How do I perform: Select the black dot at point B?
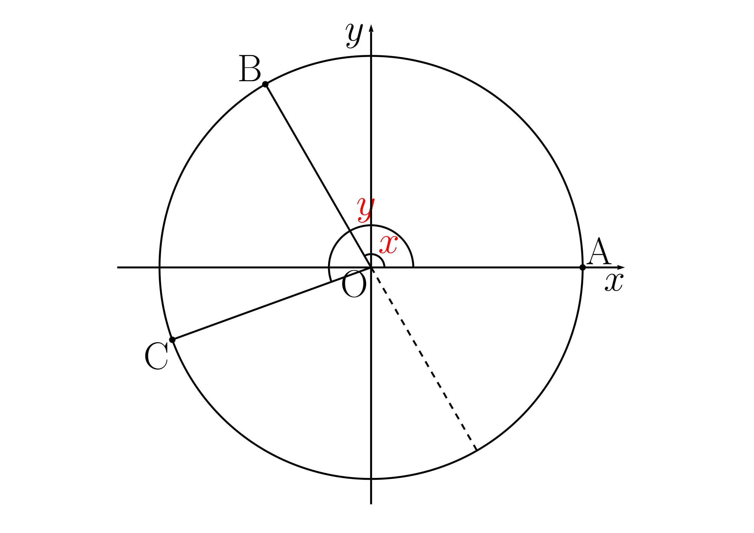[x=265, y=85]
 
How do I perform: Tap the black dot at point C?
[x=172, y=340]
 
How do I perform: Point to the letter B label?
[x=250, y=68]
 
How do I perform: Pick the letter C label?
[x=156, y=356]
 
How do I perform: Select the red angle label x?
[x=388, y=245]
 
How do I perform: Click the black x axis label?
[x=614, y=283]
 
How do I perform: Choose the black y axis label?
[x=354, y=36]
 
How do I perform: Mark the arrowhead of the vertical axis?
[x=371, y=28]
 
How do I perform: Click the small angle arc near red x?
[x=381, y=259]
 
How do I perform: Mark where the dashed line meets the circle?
[x=476, y=450]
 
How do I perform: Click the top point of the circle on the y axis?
[x=371, y=56]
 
